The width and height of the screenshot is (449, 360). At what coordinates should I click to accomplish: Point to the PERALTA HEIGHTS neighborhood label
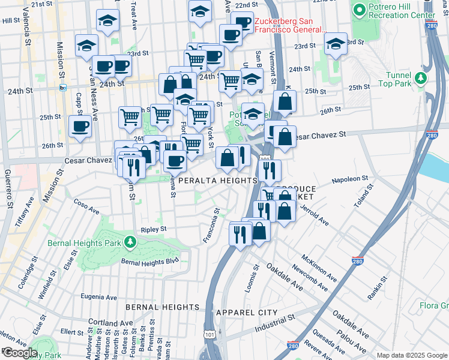(x=217, y=180)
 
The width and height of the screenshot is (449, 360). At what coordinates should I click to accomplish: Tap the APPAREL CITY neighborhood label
(x=247, y=313)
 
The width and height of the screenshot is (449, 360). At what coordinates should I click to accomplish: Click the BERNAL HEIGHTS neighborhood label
(x=162, y=307)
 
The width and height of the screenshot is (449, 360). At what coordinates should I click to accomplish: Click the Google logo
(x=19, y=353)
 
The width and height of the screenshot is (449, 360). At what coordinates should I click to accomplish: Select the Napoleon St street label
(x=349, y=179)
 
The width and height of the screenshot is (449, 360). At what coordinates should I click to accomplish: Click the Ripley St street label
(x=153, y=229)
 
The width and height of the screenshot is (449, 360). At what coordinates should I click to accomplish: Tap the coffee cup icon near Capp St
(x=80, y=127)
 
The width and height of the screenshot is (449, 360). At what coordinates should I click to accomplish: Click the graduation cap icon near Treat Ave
(x=108, y=22)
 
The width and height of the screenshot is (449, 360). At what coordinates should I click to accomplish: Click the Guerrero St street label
(x=10, y=189)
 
